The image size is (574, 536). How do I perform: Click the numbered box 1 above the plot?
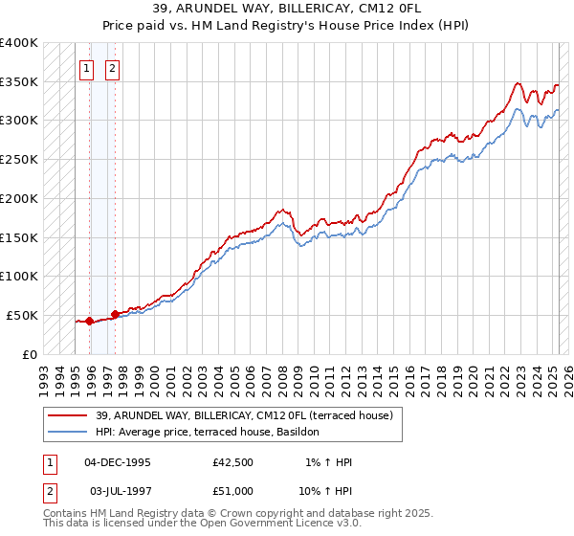(x=87, y=68)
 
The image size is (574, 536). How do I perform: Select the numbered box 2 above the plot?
(x=112, y=68)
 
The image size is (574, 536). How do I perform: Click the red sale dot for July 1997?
(x=115, y=314)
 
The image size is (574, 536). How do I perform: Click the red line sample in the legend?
(x=66, y=415)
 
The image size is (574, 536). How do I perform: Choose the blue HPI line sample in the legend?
(x=66, y=432)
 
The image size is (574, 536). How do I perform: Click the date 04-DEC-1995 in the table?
(x=118, y=462)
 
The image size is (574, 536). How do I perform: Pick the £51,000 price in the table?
(x=233, y=490)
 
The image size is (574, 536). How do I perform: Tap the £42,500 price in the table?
(x=233, y=462)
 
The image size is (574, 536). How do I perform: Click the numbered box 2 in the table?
(x=49, y=490)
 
